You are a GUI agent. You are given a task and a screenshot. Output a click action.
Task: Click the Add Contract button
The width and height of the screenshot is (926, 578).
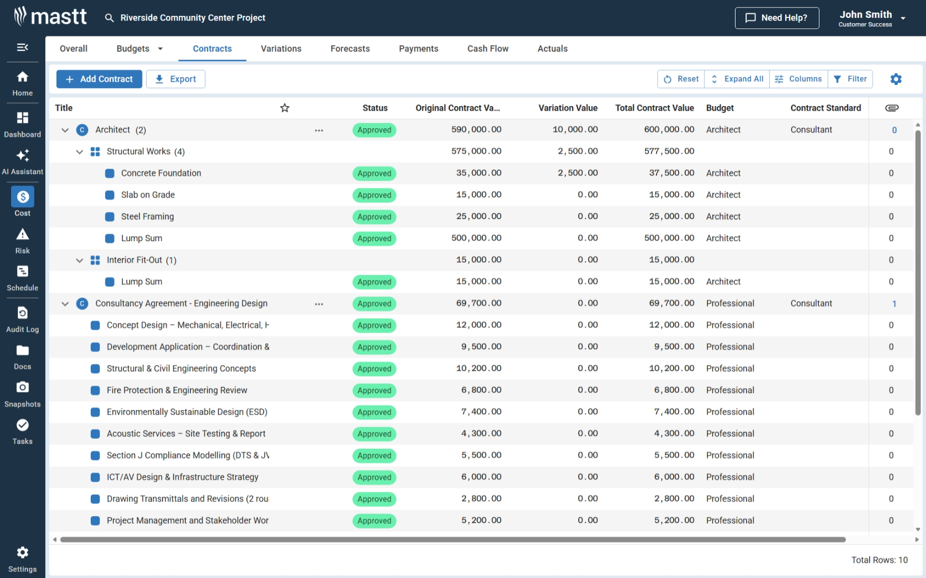[x=99, y=79]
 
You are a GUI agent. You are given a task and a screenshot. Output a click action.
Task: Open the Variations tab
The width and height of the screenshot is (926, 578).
[x=281, y=49]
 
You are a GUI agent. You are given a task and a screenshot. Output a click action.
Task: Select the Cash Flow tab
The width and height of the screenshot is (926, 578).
[x=488, y=49]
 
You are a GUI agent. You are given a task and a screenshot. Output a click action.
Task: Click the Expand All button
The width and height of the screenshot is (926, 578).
[x=737, y=79]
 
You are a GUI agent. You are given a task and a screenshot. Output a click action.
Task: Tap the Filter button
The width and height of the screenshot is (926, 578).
[x=850, y=79]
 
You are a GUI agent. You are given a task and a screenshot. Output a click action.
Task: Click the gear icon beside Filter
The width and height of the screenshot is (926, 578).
[x=895, y=79]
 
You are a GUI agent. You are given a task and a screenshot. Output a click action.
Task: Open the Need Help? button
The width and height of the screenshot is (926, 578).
[x=776, y=18]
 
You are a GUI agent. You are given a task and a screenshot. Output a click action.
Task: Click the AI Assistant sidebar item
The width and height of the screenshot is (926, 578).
[x=23, y=161]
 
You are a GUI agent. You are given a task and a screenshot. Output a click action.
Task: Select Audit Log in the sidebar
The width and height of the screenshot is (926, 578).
[x=23, y=320]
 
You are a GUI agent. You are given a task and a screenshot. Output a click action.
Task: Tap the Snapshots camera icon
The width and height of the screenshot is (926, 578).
[x=23, y=388]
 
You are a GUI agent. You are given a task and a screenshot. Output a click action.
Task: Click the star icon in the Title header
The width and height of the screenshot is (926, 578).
[x=285, y=108]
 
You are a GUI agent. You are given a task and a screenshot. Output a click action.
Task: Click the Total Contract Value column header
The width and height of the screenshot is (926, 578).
[x=654, y=108]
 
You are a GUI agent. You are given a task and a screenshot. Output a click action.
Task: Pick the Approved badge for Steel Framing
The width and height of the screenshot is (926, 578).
[x=374, y=217]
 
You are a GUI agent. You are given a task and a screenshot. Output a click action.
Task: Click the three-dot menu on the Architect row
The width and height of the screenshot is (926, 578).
[x=319, y=130]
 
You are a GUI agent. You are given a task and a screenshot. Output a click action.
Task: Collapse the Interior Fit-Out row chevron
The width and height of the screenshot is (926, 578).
[x=80, y=260]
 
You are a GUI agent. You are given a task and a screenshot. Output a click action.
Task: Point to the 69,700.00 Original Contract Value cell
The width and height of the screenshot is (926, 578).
[x=479, y=303]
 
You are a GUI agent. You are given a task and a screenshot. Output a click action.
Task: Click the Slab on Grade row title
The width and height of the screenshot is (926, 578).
[x=148, y=195]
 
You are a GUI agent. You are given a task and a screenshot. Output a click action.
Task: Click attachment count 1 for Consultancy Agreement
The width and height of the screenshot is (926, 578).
[x=894, y=304]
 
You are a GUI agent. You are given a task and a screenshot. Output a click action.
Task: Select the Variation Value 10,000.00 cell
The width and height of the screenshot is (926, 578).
[x=575, y=130]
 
